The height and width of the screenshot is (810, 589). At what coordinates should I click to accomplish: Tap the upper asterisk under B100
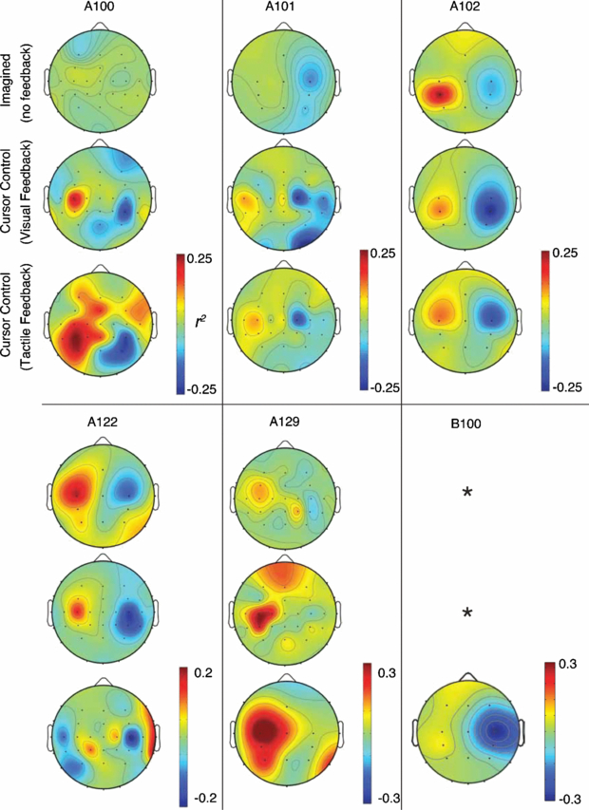(x=467, y=492)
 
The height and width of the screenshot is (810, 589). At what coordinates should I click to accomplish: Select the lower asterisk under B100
(x=467, y=613)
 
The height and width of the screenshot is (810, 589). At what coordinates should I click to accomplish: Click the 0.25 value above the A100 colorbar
(x=199, y=257)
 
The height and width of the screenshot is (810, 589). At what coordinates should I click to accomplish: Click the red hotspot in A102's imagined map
(x=440, y=93)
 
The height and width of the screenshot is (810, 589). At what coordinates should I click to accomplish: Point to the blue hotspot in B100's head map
(x=497, y=729)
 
